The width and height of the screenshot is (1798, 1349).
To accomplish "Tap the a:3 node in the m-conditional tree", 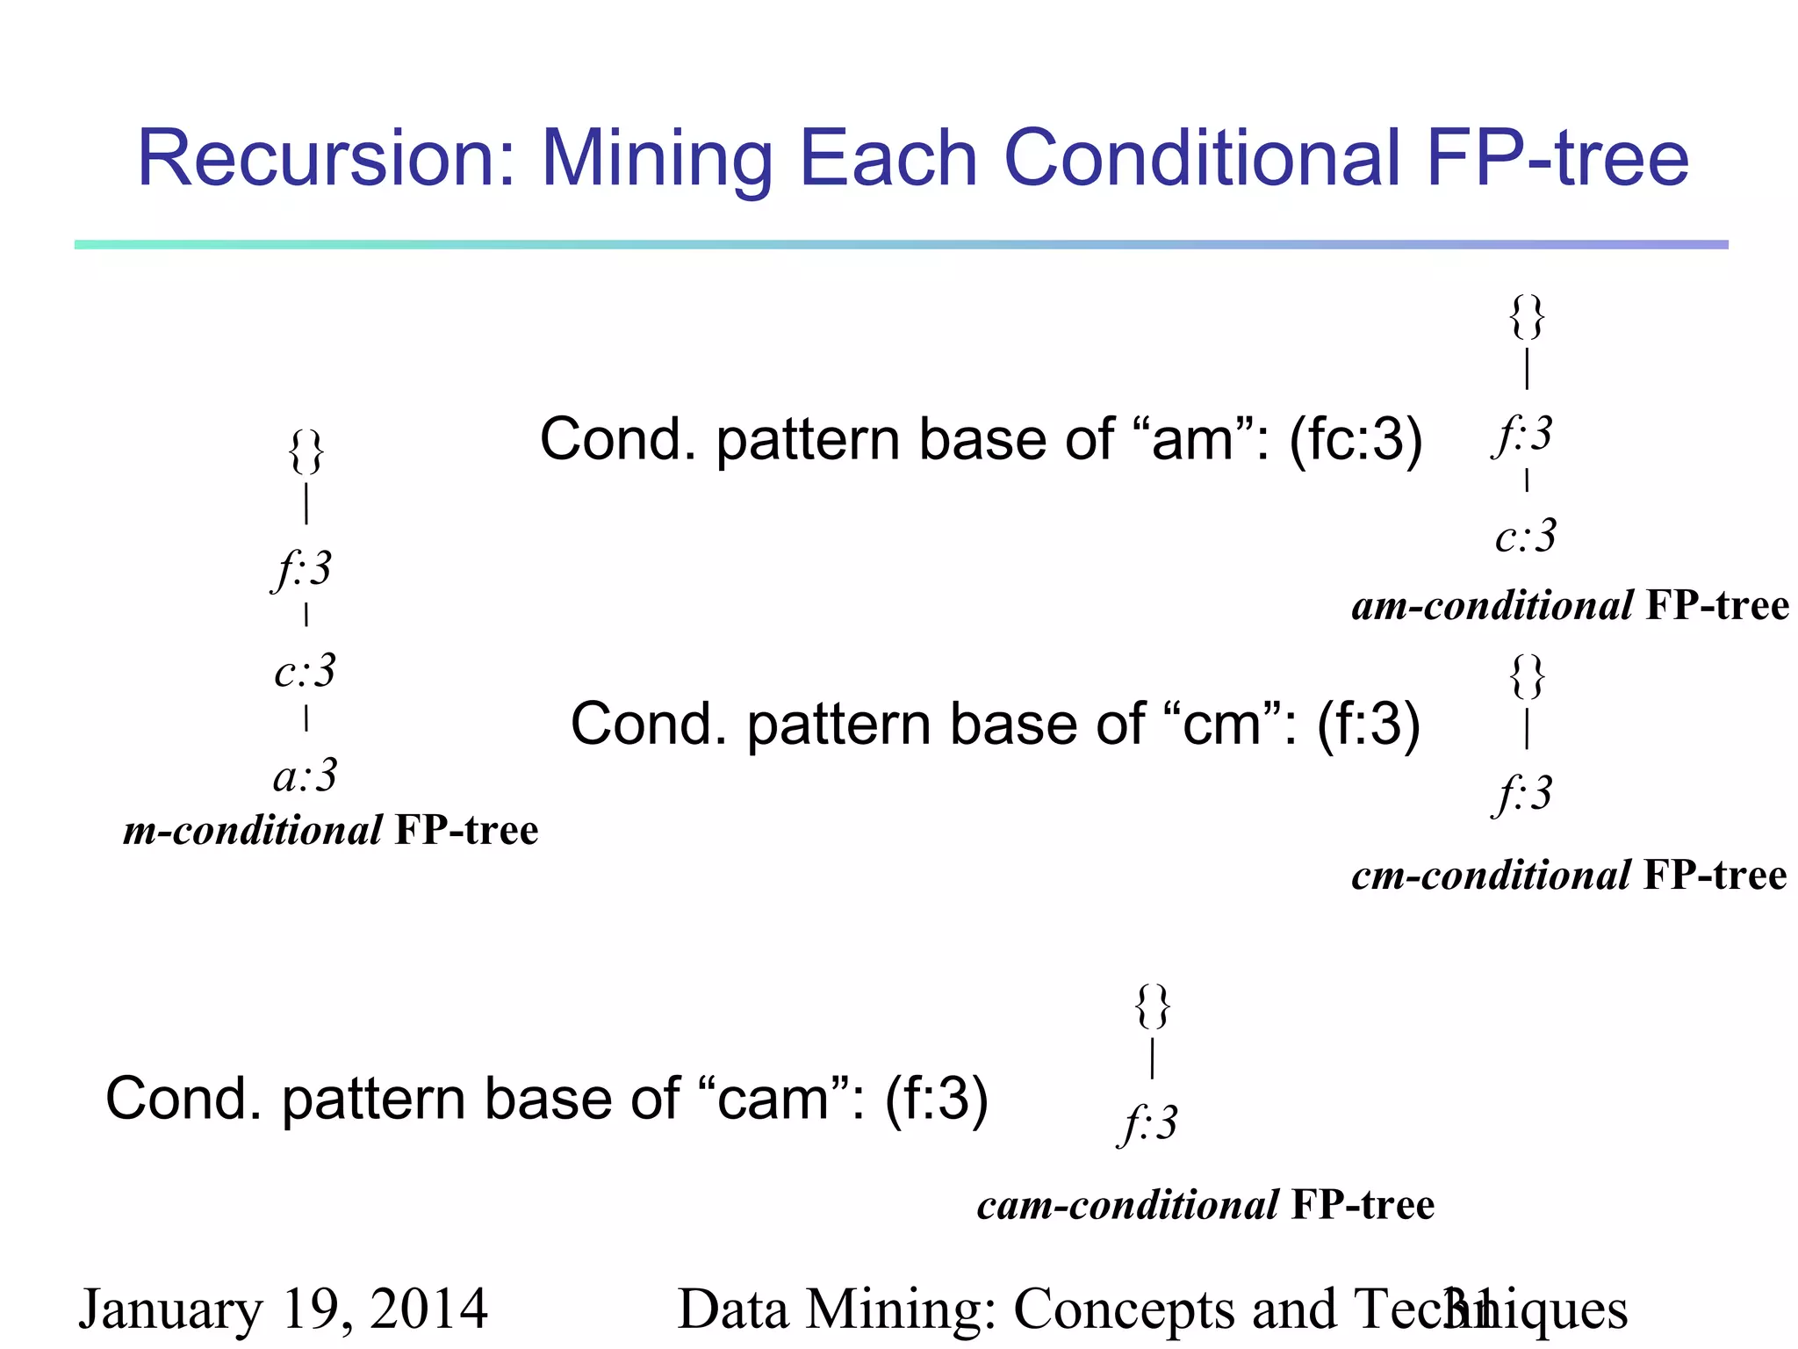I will (305, 776).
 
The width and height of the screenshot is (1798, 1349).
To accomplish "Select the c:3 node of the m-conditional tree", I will (305, 672).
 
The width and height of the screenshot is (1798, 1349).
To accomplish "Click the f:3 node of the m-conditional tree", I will (303, 569).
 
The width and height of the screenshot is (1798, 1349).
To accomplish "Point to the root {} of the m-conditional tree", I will (306, 452).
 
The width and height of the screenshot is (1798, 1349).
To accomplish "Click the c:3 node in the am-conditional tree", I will (1526, 536).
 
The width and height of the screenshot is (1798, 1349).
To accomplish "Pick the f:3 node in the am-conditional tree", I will (1523, 434).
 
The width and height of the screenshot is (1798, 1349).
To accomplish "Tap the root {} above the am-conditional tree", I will (1527, 317).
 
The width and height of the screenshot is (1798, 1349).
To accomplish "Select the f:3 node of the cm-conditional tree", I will (1523, 794).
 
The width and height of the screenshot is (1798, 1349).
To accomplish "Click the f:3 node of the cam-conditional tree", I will (1149, 1124).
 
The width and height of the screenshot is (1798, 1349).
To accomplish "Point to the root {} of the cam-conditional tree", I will (1152, 1006).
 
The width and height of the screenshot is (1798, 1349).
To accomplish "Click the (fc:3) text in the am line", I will (1356, 439).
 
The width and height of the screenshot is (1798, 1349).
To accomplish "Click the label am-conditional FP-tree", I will (1570, 606).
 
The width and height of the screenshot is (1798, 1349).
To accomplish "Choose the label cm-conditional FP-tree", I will (1569, 876).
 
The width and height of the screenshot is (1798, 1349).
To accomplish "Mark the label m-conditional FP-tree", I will (331, 831).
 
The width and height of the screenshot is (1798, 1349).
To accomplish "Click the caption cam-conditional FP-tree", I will (1205, 1205).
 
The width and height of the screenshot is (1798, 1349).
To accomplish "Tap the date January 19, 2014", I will (283, 1309).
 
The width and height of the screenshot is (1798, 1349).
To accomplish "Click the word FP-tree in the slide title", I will (1557, 159).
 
